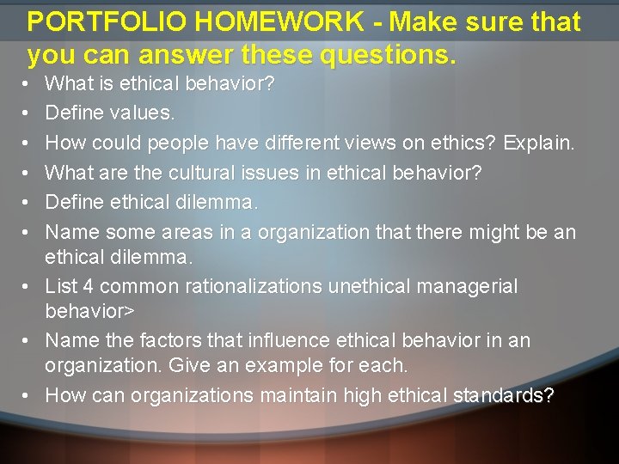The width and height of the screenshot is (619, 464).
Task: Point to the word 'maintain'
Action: (297, 395)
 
